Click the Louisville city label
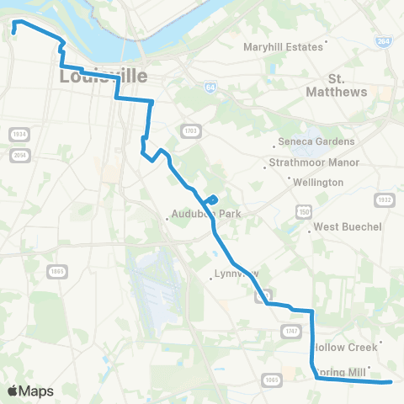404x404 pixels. tap(103, 77)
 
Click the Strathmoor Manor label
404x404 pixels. tap(313, 162)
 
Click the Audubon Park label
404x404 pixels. tap(205, 214)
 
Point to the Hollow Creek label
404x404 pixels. tap(342, 346)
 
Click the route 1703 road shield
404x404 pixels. tap(189, 130)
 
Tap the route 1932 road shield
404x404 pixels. tap(385, 199)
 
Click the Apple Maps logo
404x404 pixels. tap(30, 391)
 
